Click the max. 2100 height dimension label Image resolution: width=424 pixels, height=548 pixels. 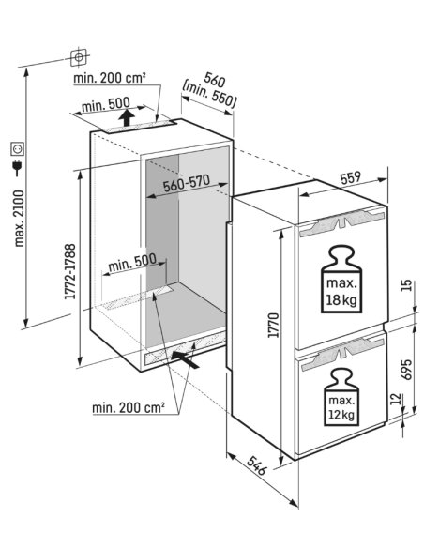point(19,219)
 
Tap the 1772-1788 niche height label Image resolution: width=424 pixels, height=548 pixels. point(69,271)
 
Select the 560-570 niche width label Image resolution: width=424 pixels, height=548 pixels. point(187,184)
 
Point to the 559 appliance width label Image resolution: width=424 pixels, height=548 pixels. point(350,178)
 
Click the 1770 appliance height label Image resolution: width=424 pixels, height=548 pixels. point(274,325)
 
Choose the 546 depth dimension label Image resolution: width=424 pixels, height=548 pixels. point(257,465)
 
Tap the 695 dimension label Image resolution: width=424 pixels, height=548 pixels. point(406,370)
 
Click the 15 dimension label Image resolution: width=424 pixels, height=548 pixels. point(407,286)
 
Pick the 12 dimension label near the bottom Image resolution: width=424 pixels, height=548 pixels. point(394,399)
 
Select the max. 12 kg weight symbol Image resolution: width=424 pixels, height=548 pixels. point(341,397)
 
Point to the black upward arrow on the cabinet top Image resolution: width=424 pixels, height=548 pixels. point(127,117)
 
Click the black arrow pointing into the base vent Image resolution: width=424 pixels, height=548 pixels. point(185,359)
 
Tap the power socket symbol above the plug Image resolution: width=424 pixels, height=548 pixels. point(18,149)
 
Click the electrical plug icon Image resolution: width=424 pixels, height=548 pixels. point(16,168)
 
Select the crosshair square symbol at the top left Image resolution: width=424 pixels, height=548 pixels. point(79,56)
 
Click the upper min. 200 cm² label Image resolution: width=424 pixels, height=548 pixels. point(110,78)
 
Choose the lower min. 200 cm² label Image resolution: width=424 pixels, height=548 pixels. point(129,407)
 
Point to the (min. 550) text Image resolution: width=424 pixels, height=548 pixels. point(209,94)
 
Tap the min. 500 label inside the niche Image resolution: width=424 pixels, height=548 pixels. point(132,264)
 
